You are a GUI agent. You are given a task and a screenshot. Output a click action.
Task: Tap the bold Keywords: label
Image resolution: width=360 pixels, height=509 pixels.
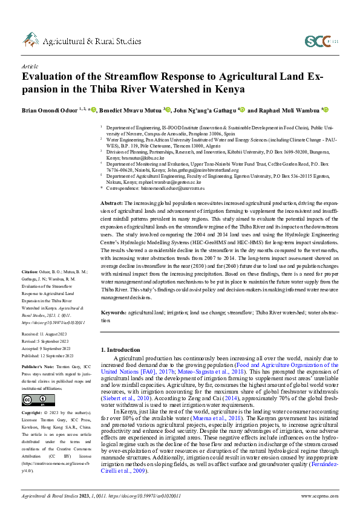pos(114,313)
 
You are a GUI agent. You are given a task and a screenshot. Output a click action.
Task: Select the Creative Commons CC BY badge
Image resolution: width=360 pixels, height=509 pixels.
pos(31,400)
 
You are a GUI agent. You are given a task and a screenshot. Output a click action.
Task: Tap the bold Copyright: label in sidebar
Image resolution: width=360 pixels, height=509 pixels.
pos(31,411)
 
